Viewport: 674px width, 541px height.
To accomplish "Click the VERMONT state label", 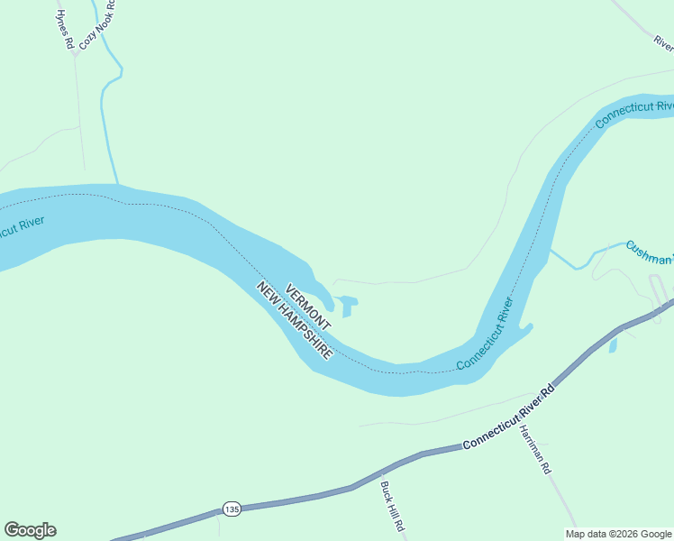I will pos(308,307).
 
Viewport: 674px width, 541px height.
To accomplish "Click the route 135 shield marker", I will pos(232,509).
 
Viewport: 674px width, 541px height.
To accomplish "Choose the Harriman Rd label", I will pos(533,450).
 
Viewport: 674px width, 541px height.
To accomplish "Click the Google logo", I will pos(30,530).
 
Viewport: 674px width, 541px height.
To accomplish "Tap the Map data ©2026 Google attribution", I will pos(618,534).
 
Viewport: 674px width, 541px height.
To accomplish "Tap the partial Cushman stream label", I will pos(649,252).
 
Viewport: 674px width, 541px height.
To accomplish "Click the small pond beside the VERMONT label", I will pos(349,304).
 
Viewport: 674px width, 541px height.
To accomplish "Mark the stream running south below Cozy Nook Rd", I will pos(109,135).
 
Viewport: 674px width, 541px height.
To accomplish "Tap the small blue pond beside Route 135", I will pos(614,344).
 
